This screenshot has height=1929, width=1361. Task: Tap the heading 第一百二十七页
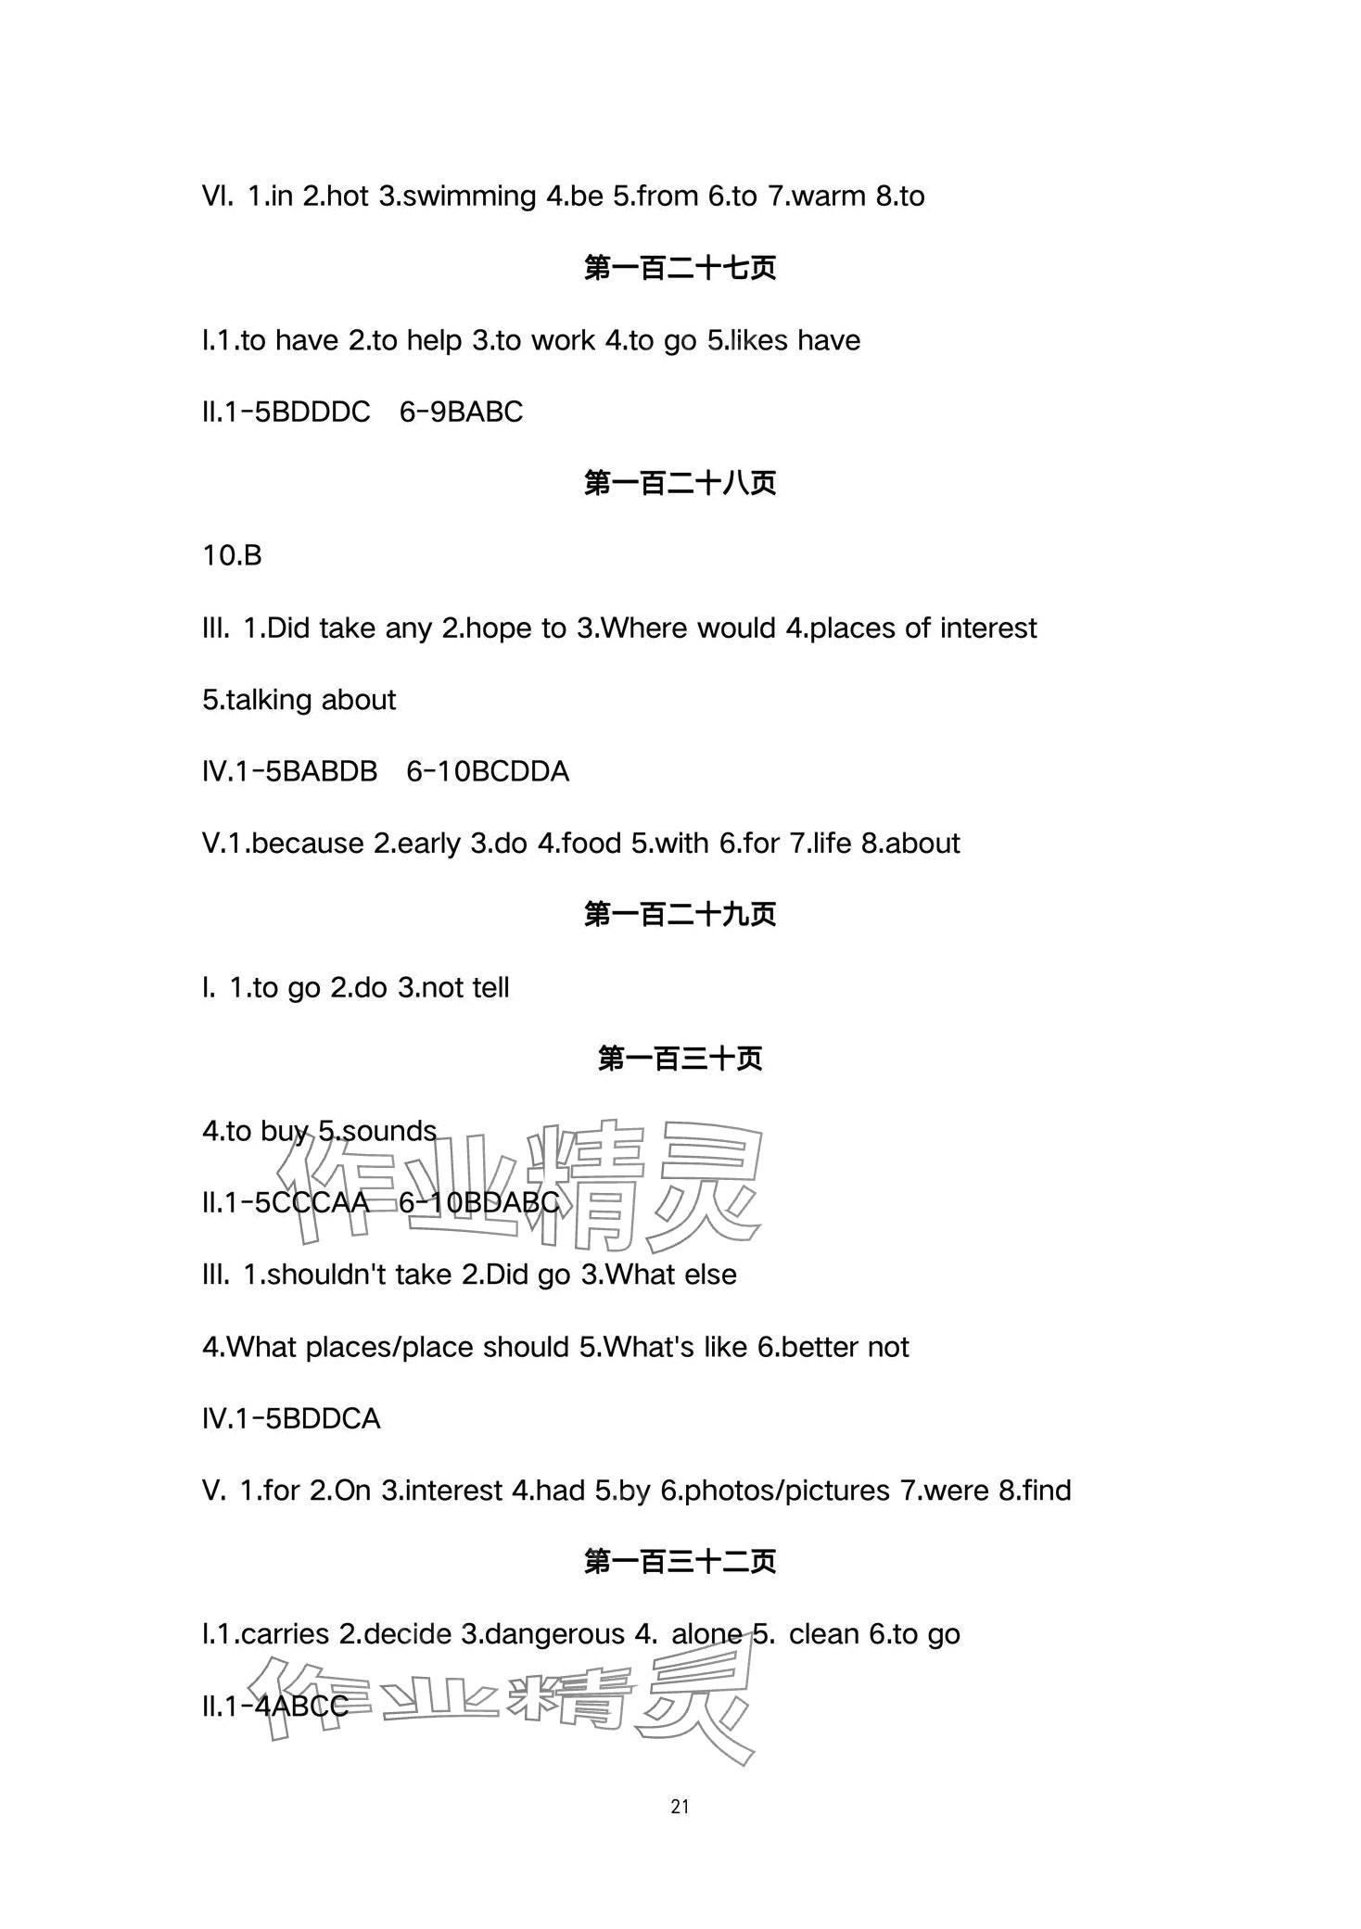[680, 269]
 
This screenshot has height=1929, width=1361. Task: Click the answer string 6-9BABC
[461, 412]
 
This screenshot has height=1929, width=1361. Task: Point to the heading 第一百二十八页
[680, 484]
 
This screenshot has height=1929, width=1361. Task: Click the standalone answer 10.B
[232, 556]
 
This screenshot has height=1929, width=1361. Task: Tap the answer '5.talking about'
[299, 700]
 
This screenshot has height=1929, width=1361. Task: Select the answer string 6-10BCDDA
[488, 772]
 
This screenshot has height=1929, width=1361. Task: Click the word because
[307, 844]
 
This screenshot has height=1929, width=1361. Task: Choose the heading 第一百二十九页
[680, 915]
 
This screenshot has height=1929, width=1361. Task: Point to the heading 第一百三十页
[680, 1059]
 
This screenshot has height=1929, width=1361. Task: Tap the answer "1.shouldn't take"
[347, 1275]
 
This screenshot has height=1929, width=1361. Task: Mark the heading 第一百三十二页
[680, 1562]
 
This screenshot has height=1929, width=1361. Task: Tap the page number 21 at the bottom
[680, 1807]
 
